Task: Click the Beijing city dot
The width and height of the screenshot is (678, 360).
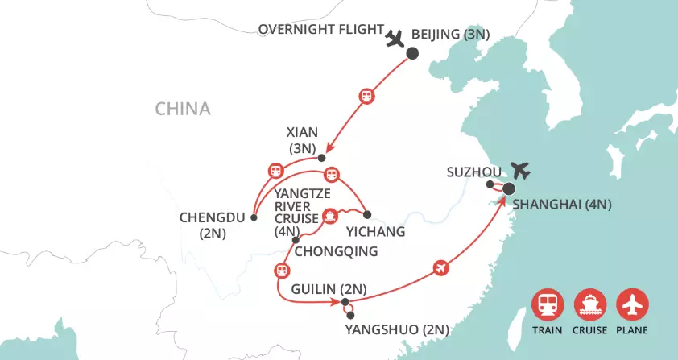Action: (x=412, y=54)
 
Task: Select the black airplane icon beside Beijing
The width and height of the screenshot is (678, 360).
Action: (x=395, y=38)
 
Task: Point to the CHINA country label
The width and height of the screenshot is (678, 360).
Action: (x=183, y=109)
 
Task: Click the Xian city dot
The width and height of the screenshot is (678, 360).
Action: (x=321, y=157)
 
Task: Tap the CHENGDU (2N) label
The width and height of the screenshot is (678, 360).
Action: (x=209, y=227)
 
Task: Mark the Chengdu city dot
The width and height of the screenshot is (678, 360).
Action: (x=253, y=217)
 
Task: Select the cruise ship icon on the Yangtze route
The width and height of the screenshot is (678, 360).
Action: (x=329, y=216)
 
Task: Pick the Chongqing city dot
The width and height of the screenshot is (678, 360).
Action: (x=296, y=240)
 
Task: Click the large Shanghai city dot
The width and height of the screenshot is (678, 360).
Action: (x=509, y=190)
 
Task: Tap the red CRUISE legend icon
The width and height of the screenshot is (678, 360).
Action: (x=589, y=305)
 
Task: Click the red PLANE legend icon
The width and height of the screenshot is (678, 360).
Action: (x=632, y=305)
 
